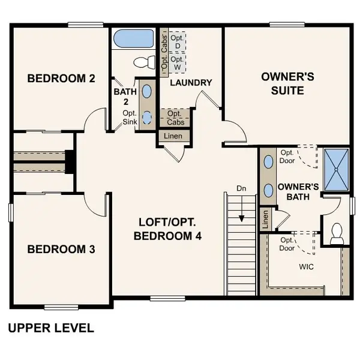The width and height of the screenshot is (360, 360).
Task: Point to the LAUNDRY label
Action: tap(191, 83)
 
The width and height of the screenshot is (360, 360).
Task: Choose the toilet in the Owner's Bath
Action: tap(337, 232)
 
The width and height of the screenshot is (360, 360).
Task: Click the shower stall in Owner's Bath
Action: tap(337, 169)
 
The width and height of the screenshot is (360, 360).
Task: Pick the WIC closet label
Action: tap(307, 265)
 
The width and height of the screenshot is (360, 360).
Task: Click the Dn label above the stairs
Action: tap(241, 189)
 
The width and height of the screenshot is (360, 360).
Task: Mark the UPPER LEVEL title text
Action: tap(51, 328)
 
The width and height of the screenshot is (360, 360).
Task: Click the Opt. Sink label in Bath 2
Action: tap(130, 118)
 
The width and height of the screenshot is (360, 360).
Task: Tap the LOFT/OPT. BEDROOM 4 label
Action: tap(167, 229)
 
